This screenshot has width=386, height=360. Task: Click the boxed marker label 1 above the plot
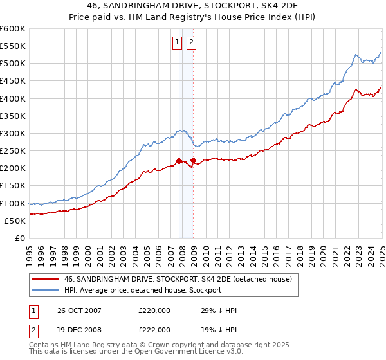coord(177,43)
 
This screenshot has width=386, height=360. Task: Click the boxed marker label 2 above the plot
coord(192,43)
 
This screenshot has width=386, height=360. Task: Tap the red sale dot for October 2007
coord(179,161)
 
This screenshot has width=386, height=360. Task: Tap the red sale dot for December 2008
coord(193,160)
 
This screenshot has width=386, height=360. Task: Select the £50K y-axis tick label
coord(15,221)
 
